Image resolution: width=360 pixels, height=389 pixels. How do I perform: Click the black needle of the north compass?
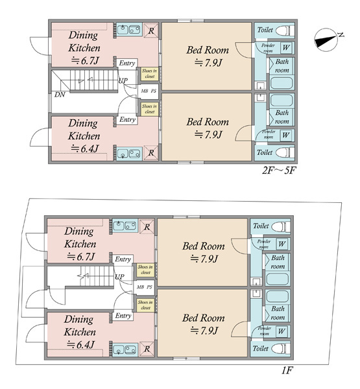(x=325, y=41)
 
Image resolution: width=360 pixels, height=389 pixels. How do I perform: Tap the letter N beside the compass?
(x=341, y=35)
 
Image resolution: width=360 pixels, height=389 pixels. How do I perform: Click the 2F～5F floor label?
(x=279, y=171)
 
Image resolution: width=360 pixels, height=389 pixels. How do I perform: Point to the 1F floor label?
(x=287, y=370)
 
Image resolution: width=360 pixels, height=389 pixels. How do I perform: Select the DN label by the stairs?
(x=60, y=95)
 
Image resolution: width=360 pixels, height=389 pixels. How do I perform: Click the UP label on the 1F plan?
(x=119, y=277)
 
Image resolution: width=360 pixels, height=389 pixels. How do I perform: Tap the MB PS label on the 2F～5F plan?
(x=149, y=91)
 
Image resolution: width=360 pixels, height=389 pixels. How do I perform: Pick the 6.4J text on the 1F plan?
(x=81, y=345)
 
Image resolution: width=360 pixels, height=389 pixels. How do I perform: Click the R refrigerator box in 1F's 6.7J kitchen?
(x=147, y=226)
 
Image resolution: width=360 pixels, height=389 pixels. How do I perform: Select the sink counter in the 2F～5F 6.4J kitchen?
(x=129, y=153)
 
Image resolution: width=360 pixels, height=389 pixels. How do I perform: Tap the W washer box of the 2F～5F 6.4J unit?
(x=286, y=136)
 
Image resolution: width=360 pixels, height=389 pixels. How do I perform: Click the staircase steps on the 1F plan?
(x=97, y=276)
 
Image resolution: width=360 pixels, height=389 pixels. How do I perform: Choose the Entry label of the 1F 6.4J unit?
(x=123, y=316)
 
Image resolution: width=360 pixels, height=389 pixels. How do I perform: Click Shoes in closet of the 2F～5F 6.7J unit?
(x=149, y=74)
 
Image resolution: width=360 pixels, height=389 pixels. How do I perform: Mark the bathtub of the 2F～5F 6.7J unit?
(x=282, y=83)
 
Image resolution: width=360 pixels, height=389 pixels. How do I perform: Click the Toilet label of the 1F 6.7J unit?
(x=261, y=226)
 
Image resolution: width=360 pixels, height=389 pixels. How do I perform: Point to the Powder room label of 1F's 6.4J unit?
(x=265, y=331)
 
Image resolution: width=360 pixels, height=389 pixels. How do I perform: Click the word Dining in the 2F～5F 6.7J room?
(x=83, y=35)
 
